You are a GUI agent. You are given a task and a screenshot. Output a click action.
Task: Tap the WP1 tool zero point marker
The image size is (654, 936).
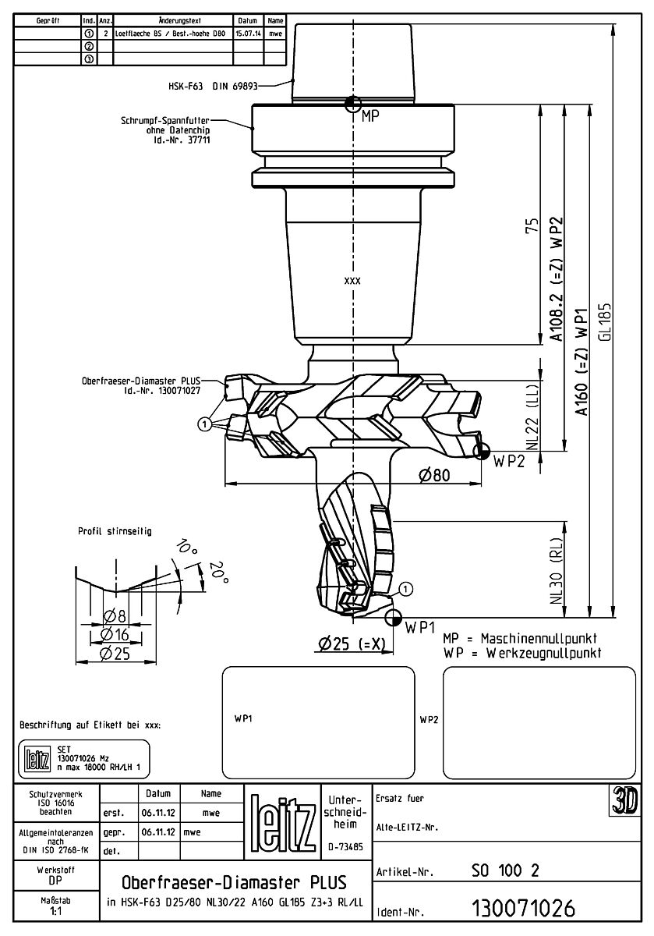pos(394,617)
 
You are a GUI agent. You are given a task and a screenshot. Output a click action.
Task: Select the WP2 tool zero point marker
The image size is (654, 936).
pos(482,450)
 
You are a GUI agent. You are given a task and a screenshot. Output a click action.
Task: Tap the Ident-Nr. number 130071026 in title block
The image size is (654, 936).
pos(523,909)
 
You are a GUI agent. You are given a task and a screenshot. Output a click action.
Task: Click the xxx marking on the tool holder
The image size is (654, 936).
pos(352,279)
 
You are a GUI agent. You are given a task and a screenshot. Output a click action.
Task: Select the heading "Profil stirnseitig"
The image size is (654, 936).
pos(115,531)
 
